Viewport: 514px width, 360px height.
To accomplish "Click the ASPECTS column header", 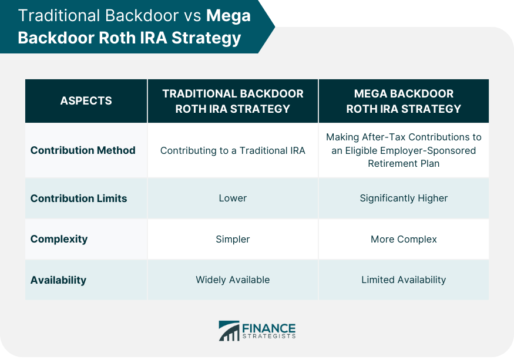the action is tap(86, 100).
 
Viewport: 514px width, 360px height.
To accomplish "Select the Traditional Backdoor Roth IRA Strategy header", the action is tap(233, 101).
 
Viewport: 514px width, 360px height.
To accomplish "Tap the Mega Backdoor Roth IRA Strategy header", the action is tap(404, 101).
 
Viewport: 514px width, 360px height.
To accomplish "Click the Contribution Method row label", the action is tap(83, 150).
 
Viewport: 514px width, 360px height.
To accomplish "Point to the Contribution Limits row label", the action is tap(79, 198).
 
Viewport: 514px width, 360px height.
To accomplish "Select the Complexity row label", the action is tap(59, 240).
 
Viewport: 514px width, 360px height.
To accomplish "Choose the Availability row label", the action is tap(58, 280).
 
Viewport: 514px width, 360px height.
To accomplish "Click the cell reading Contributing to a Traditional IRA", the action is tap(233, 150).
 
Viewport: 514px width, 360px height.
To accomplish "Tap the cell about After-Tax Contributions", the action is tap(404, 150).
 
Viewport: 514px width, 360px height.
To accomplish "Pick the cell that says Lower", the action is tap(233, 198).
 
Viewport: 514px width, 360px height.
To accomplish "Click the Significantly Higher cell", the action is tap(404, 198).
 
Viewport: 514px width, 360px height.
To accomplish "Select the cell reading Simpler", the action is tap(233, 240).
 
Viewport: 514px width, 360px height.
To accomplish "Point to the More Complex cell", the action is tap(404, 240).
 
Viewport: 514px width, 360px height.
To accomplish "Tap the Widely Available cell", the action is tap(233, 280).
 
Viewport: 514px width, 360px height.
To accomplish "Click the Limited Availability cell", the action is tap(404, 280).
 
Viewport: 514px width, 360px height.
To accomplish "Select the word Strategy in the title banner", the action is tap(206, 38).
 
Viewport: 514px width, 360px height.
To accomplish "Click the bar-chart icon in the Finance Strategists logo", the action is tap(229, 331).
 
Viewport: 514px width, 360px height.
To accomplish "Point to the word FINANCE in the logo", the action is tap(269, 328).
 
